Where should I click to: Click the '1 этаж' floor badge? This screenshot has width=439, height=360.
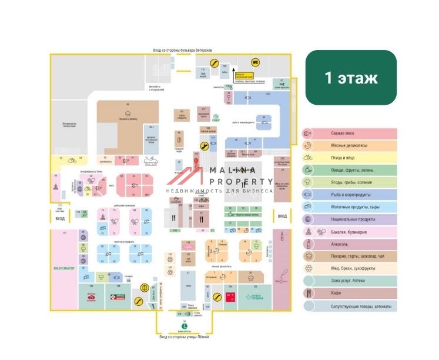click(351, 78)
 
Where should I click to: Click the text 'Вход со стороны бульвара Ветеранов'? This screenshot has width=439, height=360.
click(182, 50)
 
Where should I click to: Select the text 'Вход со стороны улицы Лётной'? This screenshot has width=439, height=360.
click(184, 337)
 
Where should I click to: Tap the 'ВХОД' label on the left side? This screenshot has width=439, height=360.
click(60, 219)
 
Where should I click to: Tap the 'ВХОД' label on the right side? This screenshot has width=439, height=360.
click(282, 216)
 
